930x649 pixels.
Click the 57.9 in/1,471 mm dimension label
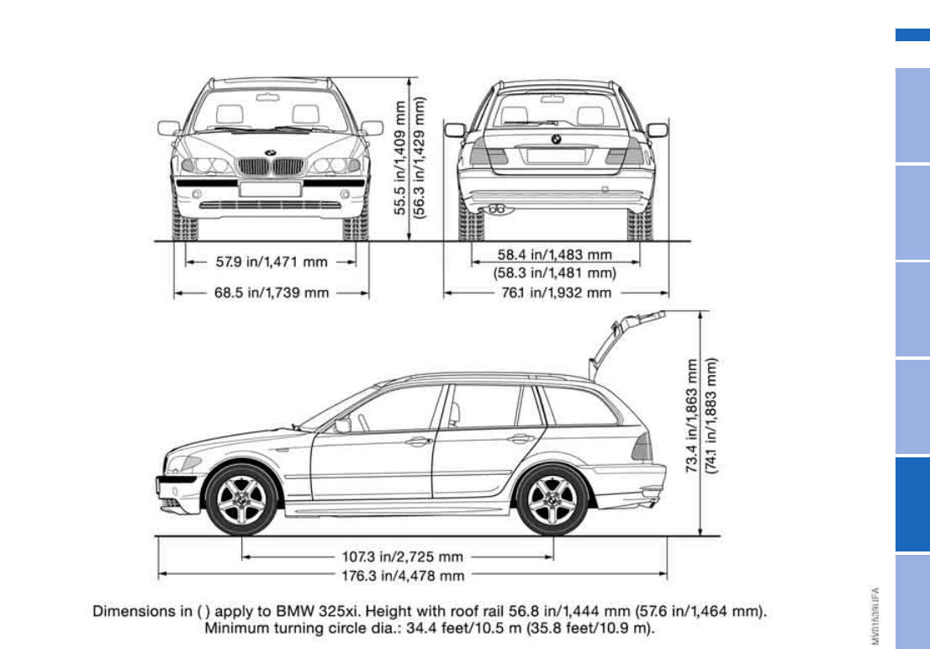pos(272,262)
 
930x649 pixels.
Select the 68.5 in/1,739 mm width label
pos(272,293)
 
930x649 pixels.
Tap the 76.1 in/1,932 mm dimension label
pos(555,293)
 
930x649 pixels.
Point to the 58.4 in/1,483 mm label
pos(554,254)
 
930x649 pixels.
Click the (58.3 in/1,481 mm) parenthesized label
pos(554,272)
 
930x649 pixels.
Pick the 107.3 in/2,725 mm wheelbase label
pos(402,557)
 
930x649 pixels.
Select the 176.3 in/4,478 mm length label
pos(402,576)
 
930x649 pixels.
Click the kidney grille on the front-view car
pos(270,166)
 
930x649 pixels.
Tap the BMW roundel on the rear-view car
pos(555,139)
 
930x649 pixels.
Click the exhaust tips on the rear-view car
pos(496,207)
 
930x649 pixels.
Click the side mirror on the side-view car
pos(342,425)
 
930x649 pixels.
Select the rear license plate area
pos(555,156)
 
